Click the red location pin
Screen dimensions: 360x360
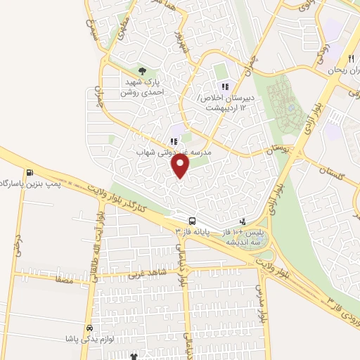pyautogui.click(x=181, y=166)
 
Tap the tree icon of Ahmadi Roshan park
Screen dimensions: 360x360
pyautogui.click(x=143, y=71)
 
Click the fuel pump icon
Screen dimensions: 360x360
pyautogui.click(x=29, y=173)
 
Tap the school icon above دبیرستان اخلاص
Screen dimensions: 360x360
pyautogui.click(x=224, y=86)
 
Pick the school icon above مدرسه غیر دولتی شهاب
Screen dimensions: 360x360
pyautogui.click(x=174, y=141)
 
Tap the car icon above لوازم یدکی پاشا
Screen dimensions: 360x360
pyautogui.click(x=89, y=328)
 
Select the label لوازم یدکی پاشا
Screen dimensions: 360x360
pyautogui.click(x=89, y=339)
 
